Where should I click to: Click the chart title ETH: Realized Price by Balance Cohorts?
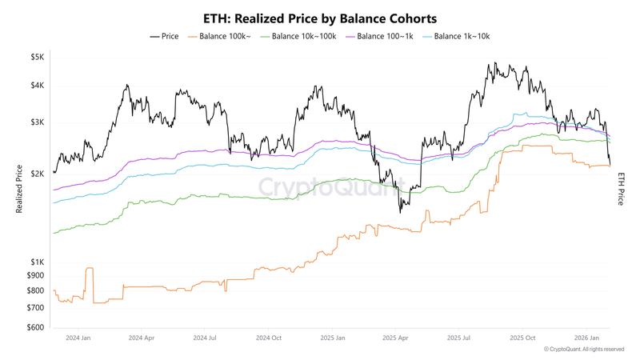tap(320, 17)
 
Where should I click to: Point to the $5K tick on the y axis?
tap(37, 58)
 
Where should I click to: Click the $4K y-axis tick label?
tap(37, 86)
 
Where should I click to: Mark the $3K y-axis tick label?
tap(37, 122)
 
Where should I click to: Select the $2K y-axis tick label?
tap(37, 174)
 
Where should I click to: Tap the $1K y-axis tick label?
tap(37, 262)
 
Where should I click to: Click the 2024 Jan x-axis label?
tap(78, 338)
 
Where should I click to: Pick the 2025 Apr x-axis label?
tap(396, 338)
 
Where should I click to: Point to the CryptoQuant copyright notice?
tap(584, 350)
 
